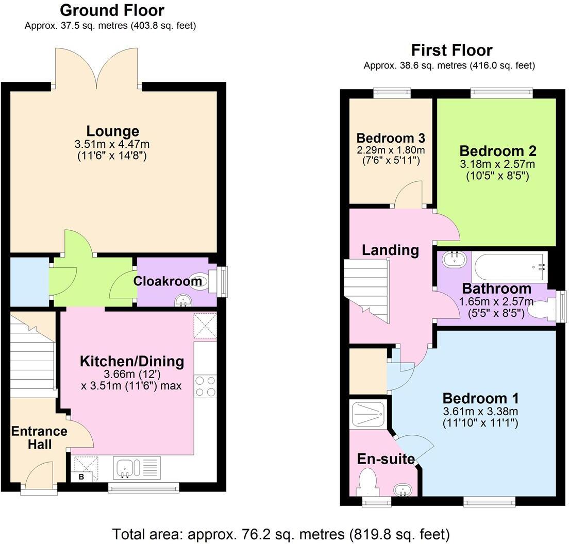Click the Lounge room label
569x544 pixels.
tap(112, 131)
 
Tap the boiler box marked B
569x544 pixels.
tap(81, 477)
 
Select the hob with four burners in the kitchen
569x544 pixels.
tap(206, 386)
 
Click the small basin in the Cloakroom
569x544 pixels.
tap(182, 300)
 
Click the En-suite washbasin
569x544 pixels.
tap(403, 489)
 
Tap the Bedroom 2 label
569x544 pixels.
tap(497, 151)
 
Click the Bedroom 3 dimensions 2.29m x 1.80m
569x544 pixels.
tap(391, 150)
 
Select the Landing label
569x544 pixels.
tap(390, 250)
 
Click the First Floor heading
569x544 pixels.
tap(451, 50)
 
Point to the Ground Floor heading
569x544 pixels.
tap(112, 10)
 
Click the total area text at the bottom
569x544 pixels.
tap(281, 533)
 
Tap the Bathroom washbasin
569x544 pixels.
tap(454, 259)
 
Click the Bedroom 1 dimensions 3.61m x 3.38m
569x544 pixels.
tap(480, 411)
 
